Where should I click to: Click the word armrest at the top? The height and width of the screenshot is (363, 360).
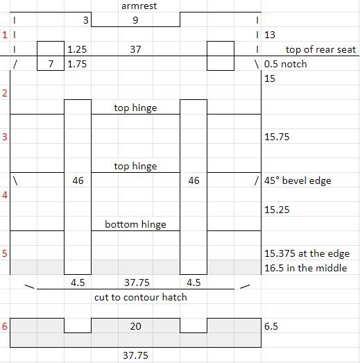(139, 6)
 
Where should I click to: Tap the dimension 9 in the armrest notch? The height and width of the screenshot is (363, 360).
(135, 20)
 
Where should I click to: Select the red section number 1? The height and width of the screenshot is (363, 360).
(5, 35)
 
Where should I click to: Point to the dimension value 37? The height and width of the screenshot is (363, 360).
(135, 49)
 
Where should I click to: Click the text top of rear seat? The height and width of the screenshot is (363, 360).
(320, 49)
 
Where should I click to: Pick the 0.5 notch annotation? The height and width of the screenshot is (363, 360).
(286, 64)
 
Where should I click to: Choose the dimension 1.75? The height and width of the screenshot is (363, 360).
(77, 64)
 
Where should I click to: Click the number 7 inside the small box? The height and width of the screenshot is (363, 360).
(51, 64)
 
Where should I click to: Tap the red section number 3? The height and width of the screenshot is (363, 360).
(5, 137)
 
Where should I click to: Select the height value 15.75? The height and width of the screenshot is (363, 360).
(277, 137)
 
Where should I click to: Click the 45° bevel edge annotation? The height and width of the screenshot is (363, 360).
(298, 180)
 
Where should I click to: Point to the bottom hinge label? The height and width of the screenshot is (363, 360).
(135, 224)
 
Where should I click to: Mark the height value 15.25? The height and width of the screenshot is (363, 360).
(277, 210)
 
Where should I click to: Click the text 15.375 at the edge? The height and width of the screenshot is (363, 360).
(307, 253)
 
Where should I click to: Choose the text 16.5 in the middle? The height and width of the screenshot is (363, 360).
(306, 268)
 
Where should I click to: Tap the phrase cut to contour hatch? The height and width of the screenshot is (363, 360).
(141, 297)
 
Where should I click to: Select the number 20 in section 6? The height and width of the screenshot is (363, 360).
(135, 326)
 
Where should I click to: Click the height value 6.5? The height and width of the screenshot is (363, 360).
(271, 326)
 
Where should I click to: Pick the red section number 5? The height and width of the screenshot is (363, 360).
(5, 253)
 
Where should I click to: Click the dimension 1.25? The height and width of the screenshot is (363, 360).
(77, 49)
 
